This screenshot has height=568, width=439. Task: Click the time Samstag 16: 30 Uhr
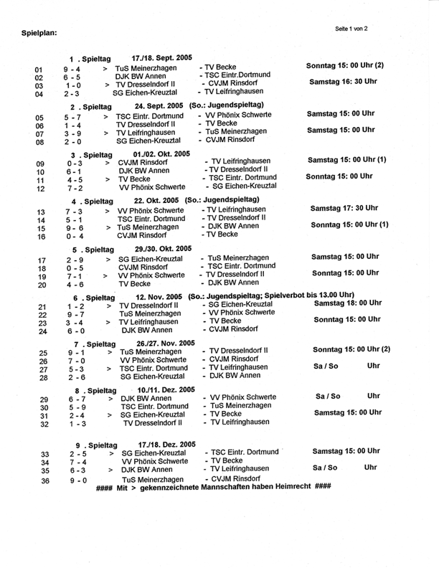tap(343, 82)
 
